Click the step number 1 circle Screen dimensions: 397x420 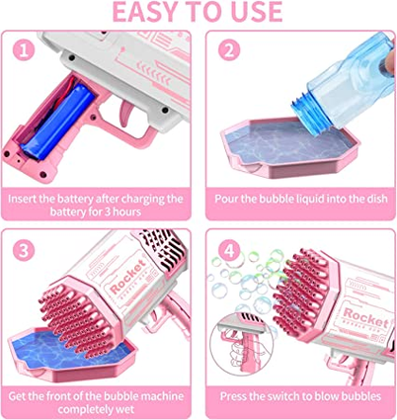[24, 49]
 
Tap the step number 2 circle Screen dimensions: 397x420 [229, 49]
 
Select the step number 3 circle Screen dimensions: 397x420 [24, 250]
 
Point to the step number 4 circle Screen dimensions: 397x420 [229, 250]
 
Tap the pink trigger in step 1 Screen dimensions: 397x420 [126, 113]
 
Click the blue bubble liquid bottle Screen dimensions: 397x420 [346, 82]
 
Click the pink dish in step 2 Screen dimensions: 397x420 [289, 147]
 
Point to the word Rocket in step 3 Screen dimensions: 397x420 [127, 276]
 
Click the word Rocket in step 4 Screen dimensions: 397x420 [366, 317]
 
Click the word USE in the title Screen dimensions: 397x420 [258, 12]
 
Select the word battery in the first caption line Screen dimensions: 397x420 [75, 199]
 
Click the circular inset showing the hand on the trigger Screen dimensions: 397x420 [241, 344]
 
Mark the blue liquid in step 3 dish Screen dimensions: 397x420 [66, 349]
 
